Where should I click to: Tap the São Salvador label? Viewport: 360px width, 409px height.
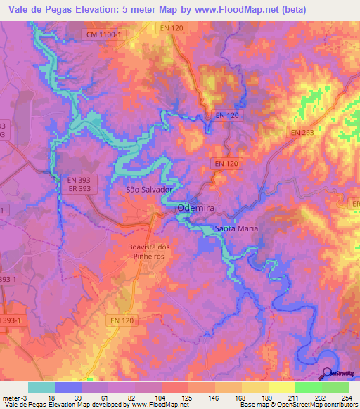click(148, 190)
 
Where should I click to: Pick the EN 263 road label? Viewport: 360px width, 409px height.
click(302, 132)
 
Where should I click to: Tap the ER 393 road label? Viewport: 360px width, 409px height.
click(80, 189)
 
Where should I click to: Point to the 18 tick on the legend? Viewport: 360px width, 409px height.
click(51, 398)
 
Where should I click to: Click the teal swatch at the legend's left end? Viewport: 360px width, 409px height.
click(41, 387)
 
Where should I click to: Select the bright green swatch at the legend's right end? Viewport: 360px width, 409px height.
click(335, 387)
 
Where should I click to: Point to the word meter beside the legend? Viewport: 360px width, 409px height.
click(11, 398)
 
